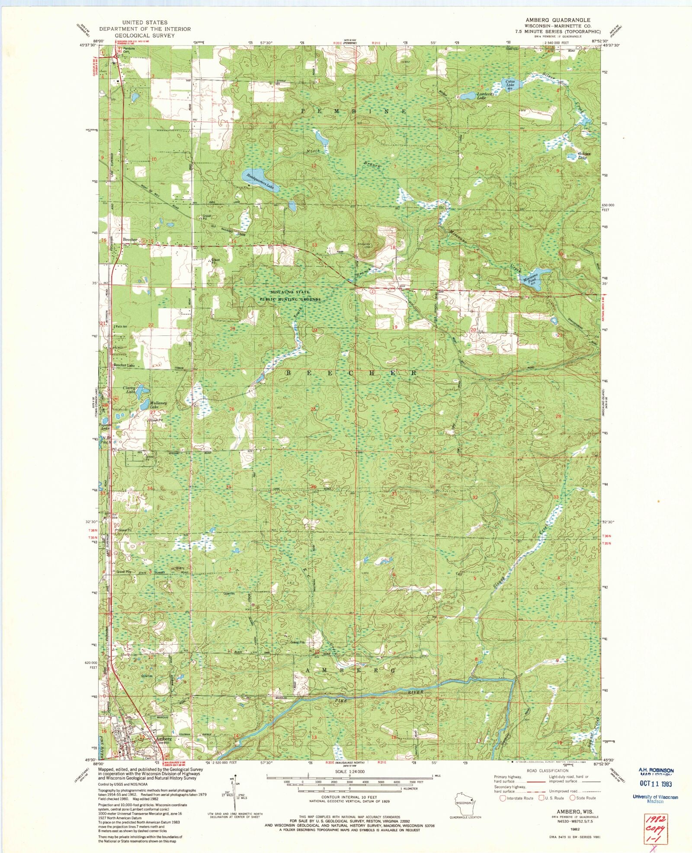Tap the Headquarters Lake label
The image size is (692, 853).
click(258, 182)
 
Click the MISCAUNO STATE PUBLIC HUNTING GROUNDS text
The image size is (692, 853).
click(290, 296)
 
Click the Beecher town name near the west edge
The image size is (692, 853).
click(130, 240)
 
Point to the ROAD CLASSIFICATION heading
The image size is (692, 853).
click(547, 771)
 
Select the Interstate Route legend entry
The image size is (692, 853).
click(517, 798)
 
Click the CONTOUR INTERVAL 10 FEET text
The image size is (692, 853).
click(349, 797)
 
